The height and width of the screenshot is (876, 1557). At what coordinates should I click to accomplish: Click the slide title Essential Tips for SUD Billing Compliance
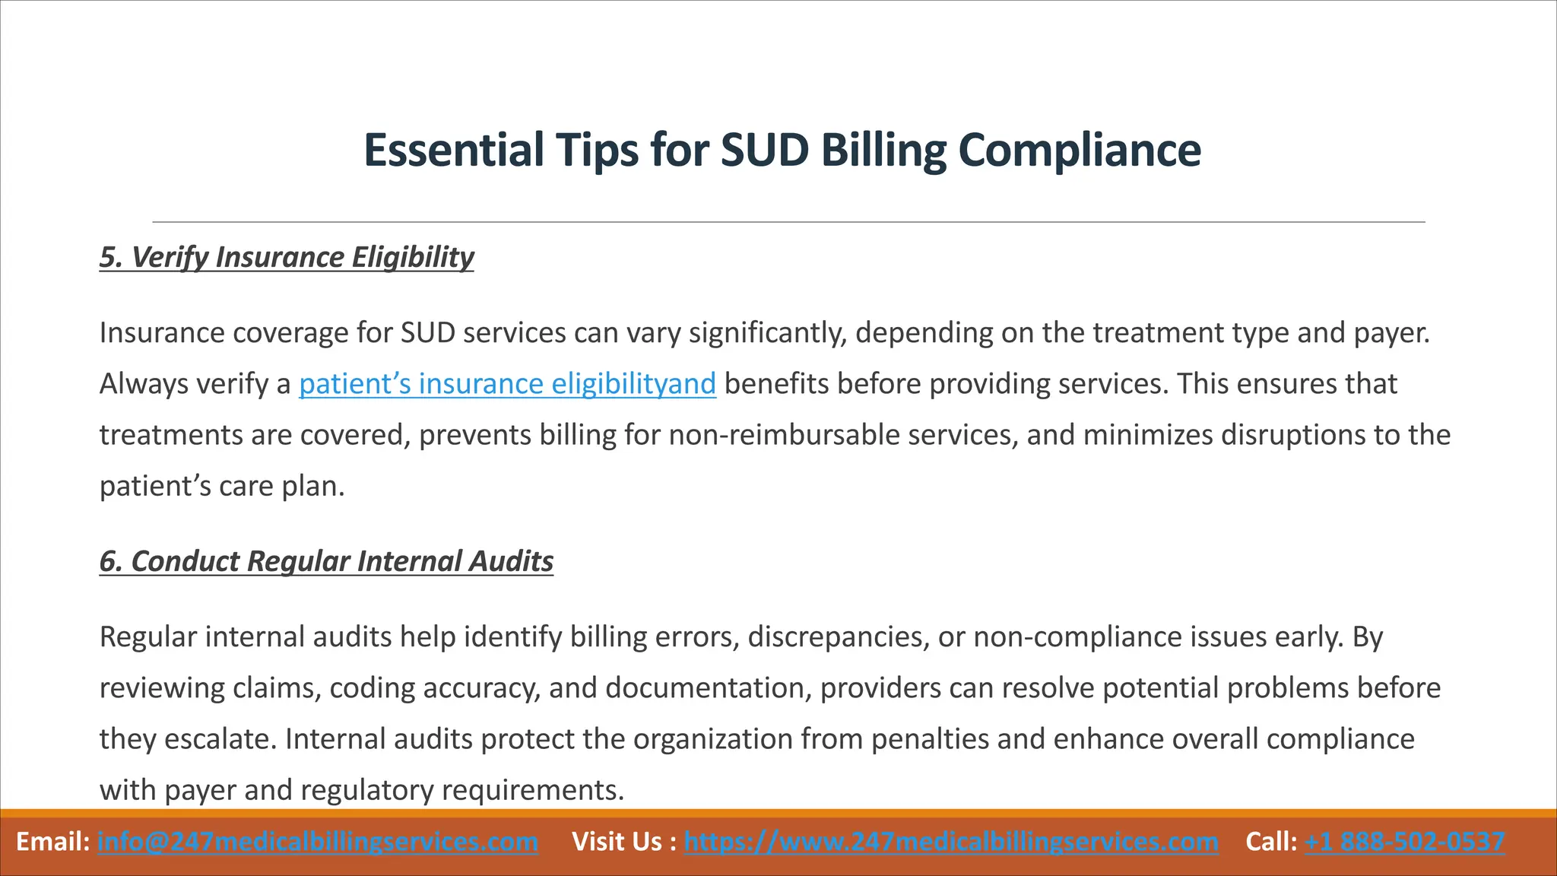tap(782, 150)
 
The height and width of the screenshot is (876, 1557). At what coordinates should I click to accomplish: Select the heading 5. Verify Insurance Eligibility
tap(287, 257)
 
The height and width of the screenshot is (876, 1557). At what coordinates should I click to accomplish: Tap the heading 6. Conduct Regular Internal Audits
tap(326, 561)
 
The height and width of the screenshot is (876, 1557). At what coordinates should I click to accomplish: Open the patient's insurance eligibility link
tap(507, 384)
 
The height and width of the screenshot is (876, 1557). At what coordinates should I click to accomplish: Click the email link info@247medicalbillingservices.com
tap(318, 842)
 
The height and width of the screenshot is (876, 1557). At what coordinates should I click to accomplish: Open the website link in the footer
tap(950, 842)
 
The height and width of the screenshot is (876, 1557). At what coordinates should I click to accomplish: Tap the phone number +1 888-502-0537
tap(1404, 842)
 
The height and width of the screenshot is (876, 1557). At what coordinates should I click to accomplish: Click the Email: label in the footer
tap(52, 842)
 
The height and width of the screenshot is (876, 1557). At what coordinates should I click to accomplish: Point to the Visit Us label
tap(623, 842)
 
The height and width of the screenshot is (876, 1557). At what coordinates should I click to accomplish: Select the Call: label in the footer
tap(1271, 842)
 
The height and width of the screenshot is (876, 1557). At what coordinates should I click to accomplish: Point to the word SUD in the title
tap(765, 150)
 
